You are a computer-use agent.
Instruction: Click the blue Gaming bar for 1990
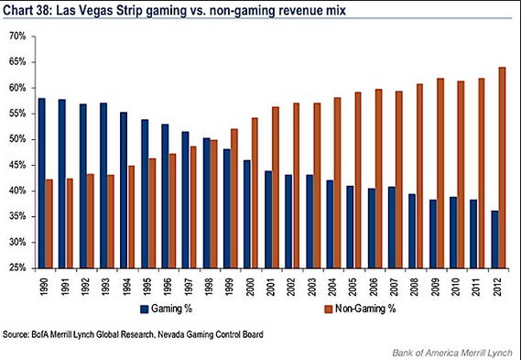tap(42, 183)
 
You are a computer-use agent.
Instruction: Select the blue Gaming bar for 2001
tap(268, 220)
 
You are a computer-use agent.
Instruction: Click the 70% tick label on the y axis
tap(17, 37)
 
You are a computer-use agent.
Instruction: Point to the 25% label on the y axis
tap(17, 268)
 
